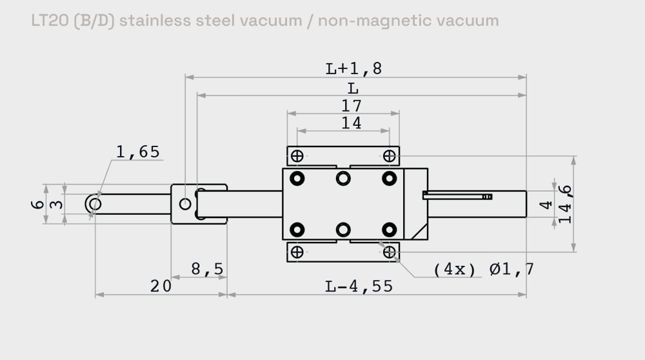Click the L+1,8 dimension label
coord(353,68)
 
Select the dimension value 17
coord(352,105)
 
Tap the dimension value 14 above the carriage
coord(352,123)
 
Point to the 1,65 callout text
coord(137,152)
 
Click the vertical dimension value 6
coord(38,205)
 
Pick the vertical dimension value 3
coord(57,205)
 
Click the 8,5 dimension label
coord(207,268)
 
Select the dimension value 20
coord(161,286)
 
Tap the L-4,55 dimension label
coord(359,286)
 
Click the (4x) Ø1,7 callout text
coord(483,269)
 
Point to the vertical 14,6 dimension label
coord(566,204)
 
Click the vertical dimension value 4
coord(546,205)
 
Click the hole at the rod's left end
coord(94,205)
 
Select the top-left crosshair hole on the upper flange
coord(297,156)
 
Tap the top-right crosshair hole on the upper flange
coord(389,156)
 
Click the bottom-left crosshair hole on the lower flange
coord(297,252)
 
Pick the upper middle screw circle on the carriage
coord(343,178)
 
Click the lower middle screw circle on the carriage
coord(343,229)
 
